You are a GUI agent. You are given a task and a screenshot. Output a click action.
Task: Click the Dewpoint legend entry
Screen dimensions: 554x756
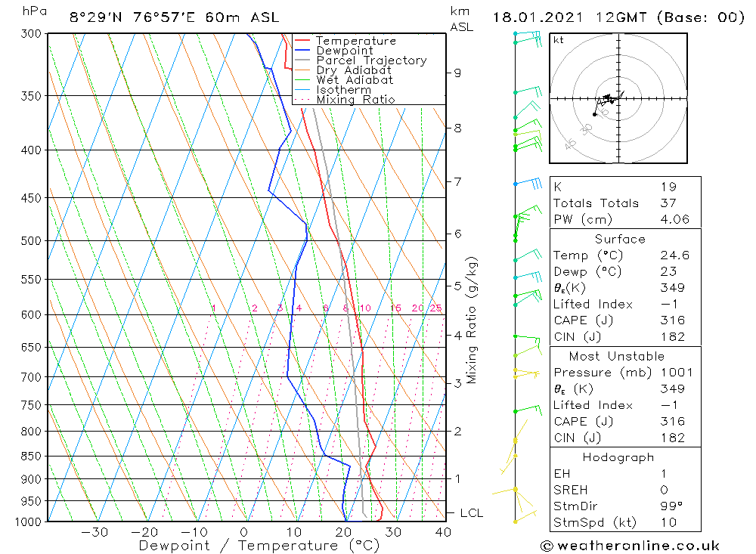(344, 51)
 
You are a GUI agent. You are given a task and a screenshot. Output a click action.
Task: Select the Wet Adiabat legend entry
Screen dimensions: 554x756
(355, 80)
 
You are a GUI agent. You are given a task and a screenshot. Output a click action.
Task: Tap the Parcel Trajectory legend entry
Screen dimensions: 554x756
(371, 60)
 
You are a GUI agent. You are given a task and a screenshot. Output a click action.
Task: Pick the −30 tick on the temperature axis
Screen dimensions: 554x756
(95, 532)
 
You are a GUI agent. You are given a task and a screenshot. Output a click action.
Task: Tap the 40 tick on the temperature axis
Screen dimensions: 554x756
(443, 532)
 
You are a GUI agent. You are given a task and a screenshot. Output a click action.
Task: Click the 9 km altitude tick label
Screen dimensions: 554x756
(457, 73)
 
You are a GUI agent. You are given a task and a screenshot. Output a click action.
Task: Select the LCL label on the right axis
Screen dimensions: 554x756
(471, 513)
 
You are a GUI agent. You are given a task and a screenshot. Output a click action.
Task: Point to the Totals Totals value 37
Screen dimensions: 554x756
(667, 203)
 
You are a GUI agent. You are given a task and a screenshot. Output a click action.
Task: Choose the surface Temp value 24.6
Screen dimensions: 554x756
(674, 256)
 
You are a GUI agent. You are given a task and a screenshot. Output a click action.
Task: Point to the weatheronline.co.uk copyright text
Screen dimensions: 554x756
(631, 546)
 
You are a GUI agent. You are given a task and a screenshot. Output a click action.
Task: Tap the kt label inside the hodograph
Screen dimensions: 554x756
(559, 40)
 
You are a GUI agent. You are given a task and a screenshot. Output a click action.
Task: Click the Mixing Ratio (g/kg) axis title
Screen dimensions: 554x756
(472, 320)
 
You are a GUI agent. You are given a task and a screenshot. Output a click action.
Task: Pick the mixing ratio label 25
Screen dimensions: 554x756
(435, 308)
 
